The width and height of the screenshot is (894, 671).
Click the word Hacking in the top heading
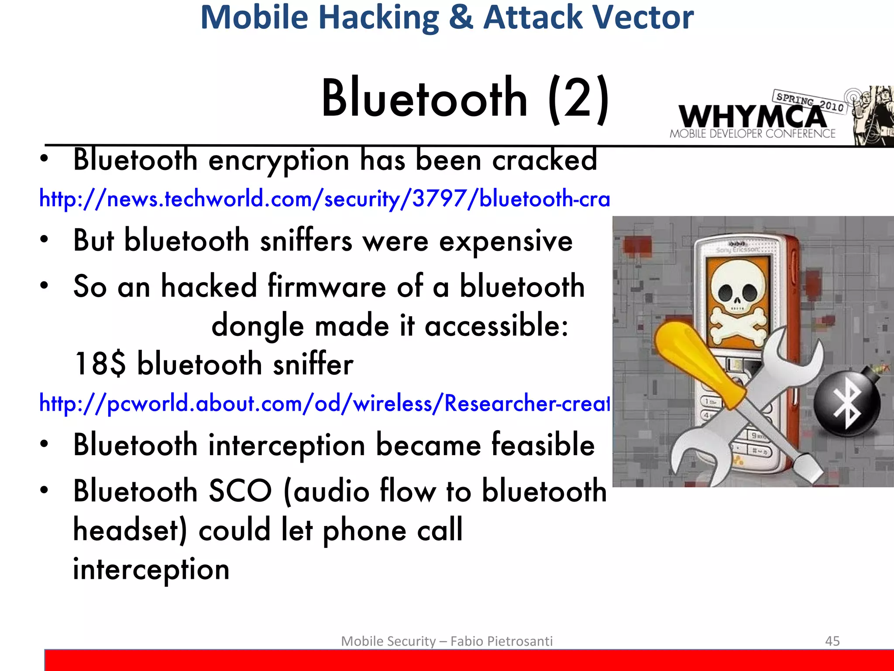point(379,17)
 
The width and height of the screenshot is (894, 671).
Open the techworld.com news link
point(324,199)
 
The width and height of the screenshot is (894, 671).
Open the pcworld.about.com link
point(324,403)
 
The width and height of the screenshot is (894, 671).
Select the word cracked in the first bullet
point(544,160)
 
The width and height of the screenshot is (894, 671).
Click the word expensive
point(505,241)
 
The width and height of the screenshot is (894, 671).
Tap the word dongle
point(257,326)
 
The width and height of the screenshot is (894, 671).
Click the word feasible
point(543,445)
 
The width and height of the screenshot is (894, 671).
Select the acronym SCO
point(241,491)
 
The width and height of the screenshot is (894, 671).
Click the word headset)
point(130,529)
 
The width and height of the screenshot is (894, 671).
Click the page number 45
point(832,641)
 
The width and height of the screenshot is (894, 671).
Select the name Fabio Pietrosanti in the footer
point(501,641)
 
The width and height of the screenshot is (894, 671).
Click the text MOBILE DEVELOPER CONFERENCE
point(752,134)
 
